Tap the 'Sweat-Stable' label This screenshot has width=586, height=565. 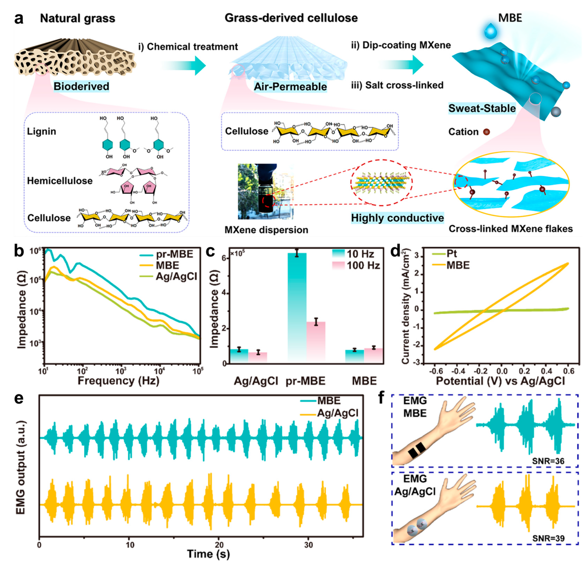(482, 108)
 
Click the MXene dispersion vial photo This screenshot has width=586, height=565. (266, 191)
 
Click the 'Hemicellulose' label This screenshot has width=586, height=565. (60, 181)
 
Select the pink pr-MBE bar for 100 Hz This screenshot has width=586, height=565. (316, 341)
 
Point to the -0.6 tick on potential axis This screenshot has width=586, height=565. (436, 371)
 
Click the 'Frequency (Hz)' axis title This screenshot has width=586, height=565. (118, 381)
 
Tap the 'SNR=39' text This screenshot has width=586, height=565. (548, 538)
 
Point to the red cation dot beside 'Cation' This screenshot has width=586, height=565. (486, 132)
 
